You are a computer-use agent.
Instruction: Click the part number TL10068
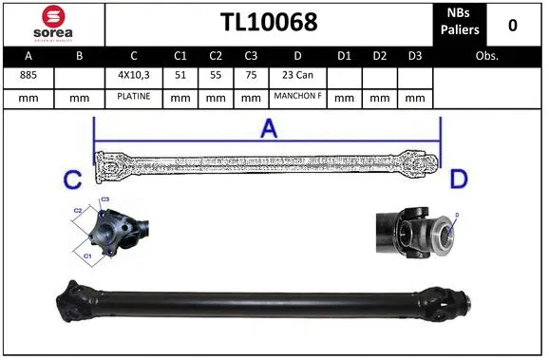[269, 23]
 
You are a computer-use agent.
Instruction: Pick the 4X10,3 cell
[133, 75]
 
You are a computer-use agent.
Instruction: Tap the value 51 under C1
[180, 75]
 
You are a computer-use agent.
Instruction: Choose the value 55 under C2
[216, 75]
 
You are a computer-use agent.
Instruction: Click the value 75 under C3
[250, 75]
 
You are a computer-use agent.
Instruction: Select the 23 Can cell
[297, 75]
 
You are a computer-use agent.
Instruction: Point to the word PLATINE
[133, 97]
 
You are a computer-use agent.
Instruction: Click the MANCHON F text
[297, 97]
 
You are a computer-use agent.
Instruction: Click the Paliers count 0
[513, 24]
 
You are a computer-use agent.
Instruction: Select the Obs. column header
[487, 56]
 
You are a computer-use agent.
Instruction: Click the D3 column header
[414, 56]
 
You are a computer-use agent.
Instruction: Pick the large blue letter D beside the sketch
[459, 178]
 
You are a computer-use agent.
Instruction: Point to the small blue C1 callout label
[88, 256]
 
